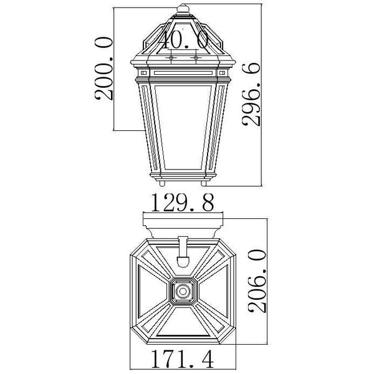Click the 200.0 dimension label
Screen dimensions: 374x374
[103, 69]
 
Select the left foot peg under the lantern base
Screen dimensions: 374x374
[163, 185]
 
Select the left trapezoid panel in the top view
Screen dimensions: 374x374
[148, 290]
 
